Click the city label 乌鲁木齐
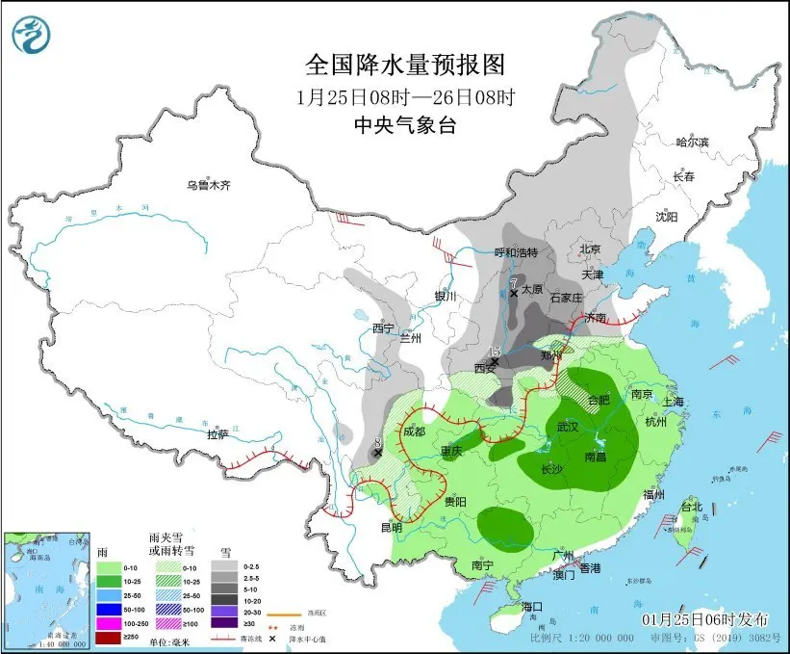(209, 185)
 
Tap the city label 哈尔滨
(691, 142)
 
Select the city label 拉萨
(218, 434)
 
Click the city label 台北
(692, 506)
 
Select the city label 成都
(414, 432)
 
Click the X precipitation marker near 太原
(515, 292)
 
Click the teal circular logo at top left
(32, 35)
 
